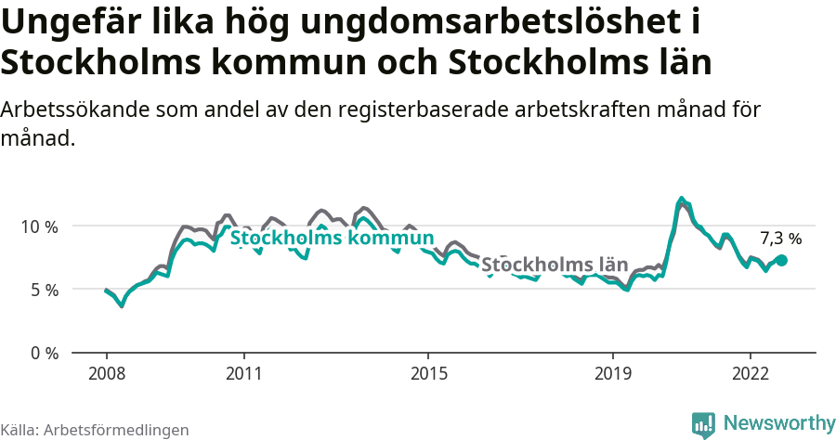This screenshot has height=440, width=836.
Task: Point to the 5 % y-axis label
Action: [45, 290]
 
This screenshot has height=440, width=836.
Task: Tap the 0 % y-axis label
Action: [45, 353]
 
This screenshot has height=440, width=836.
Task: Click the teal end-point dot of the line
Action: [782, 261]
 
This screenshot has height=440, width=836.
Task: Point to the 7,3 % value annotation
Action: [780, 239]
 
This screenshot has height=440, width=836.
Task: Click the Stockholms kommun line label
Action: [333, 239]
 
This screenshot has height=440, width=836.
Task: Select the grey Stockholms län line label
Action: [555, 265]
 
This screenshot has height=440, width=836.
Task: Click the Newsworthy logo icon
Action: [703, 425]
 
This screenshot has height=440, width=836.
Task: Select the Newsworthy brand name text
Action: [778, 423]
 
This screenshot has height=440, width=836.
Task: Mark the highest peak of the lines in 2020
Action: [682, 199]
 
